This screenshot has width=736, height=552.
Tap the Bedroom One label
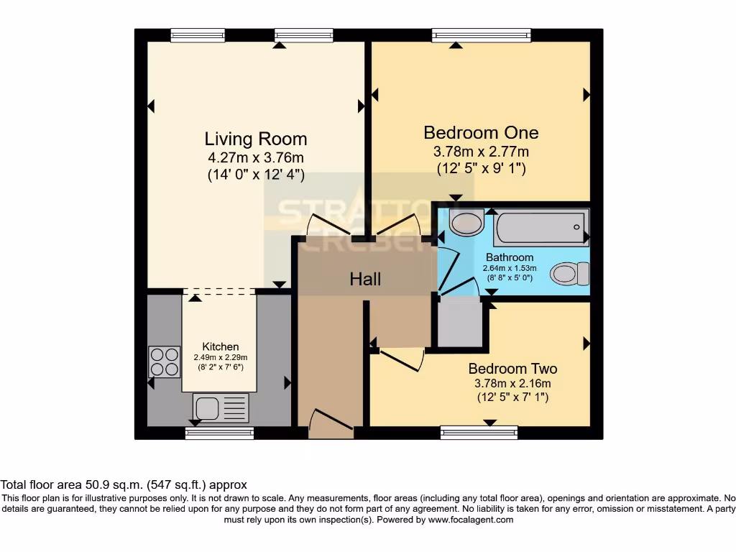[481, 133]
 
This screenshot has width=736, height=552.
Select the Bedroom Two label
[512, 369]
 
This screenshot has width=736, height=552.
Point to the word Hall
[365, 279]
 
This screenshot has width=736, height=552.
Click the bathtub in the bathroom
[541, 228]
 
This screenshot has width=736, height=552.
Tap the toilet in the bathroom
[569, 274]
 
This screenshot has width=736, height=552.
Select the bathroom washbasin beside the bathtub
[466, 222]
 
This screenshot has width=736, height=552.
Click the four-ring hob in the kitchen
[164, 362]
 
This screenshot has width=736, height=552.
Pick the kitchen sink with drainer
[220, 408]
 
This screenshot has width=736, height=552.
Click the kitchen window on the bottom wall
[219, 433]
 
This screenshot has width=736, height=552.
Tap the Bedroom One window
[482, 34]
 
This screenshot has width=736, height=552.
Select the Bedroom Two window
[479, 432]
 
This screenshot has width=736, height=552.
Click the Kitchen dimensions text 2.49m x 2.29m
[220, 357]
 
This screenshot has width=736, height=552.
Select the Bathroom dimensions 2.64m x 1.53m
[510, 269]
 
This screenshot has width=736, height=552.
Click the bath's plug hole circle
[577, 227]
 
